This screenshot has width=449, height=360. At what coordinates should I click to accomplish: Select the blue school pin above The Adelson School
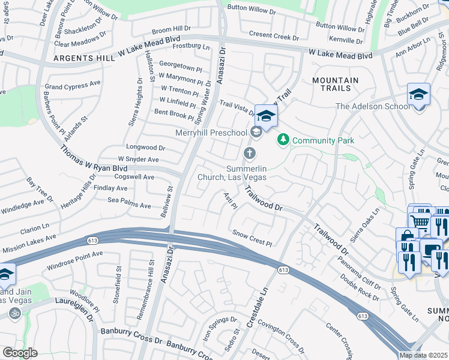(418, 95)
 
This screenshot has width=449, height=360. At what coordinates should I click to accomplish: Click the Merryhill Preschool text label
(211, 133)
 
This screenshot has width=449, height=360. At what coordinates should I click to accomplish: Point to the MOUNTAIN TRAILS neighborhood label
(336, 84)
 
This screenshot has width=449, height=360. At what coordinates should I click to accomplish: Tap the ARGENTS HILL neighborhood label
(85, 58)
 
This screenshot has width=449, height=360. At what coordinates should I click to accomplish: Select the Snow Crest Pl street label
(252, 238)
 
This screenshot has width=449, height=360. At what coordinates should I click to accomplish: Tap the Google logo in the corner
(20, 352)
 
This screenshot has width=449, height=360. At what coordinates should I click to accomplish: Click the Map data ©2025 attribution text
(424, 355)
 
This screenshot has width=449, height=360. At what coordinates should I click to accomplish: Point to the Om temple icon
(14, 313)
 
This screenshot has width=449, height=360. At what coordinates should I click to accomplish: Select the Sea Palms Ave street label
(129, 205)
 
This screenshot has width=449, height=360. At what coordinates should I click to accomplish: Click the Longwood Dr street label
(145, 147)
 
